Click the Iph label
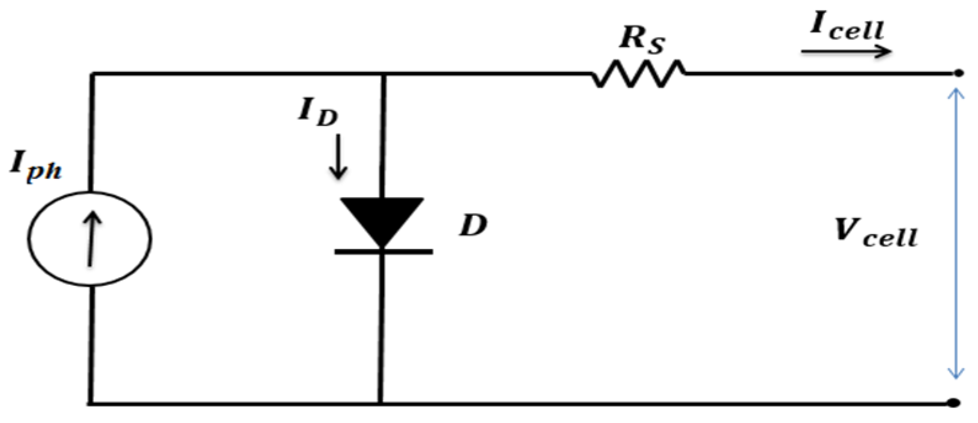(36, 166)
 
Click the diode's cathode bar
(383, 251)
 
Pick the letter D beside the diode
(473, 226)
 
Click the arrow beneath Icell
(846, 52)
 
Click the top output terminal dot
(958, 74)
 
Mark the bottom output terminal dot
(954, 403)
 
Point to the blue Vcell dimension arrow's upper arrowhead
(955, 93)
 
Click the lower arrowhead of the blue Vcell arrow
(955, 374)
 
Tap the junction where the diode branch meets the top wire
(382, 74)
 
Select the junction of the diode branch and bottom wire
(381, 403)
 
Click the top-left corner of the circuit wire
(92, 74)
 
